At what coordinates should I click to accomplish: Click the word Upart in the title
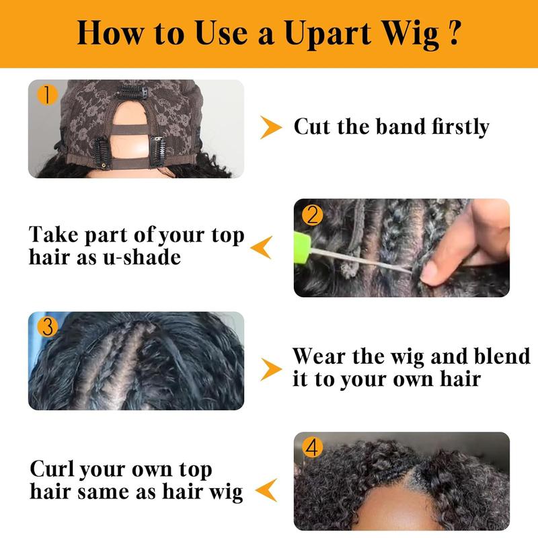click(x=328, y=34)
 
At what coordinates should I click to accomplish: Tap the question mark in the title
click(x=453, y=32)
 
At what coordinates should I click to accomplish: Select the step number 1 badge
click(x=46, y=95)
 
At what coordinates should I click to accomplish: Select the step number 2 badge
click(x=312, y=215)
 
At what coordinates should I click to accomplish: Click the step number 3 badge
click(x=47, y=326)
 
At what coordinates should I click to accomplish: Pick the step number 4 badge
click(x=312, y=448)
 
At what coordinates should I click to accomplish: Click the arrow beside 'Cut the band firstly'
click(x=270, y=127)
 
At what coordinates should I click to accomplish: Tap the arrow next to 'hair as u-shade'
click(x=262, y=247)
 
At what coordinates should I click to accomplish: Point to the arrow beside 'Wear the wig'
click(x=271, y=369)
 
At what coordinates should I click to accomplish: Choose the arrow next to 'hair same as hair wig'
click(x=266, y=490)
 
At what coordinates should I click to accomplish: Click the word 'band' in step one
click(x=400, y=126)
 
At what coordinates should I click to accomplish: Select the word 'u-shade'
click(x=142, y=258)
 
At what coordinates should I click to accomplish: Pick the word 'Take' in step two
click(x=54, y=234)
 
